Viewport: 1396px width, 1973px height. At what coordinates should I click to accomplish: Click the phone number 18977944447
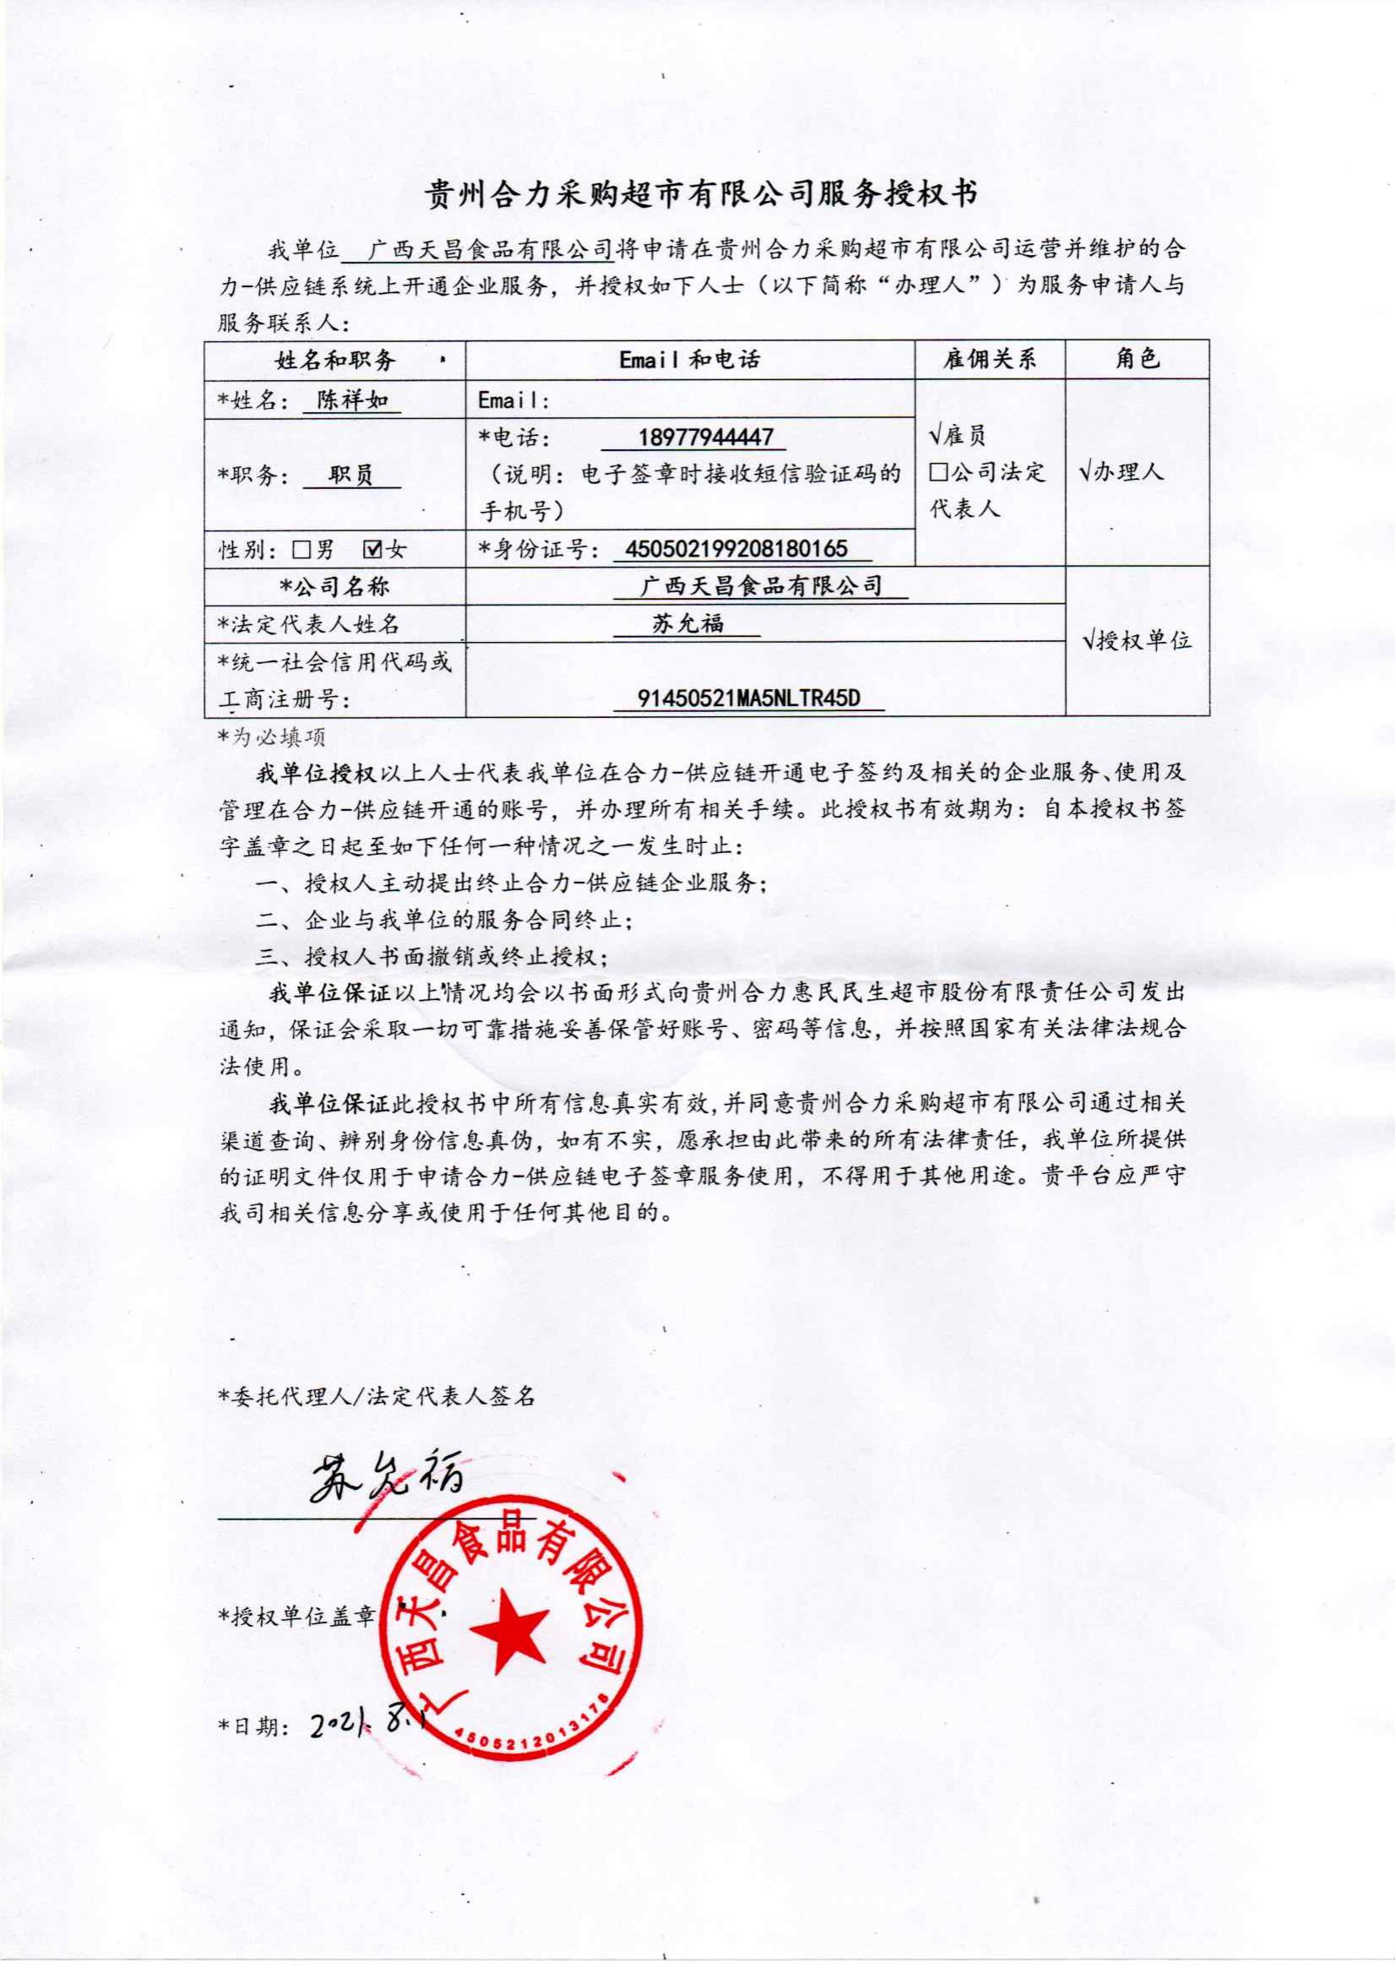[705, 438]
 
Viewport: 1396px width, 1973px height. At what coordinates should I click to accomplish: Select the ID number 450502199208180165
[736, 548]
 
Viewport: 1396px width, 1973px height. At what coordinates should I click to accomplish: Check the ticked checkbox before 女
[373, 548]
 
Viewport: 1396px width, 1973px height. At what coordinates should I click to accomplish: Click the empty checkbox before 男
[301, 549]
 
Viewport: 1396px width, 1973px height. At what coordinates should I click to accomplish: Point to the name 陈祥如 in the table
[352, 399]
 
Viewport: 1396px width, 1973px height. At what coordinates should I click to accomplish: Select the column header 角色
[1138, 358]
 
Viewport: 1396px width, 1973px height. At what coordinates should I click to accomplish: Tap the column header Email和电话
[689, 359]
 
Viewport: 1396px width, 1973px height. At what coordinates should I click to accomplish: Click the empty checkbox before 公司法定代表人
[939, 472]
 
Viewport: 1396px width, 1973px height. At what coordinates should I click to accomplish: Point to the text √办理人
[1121, 471]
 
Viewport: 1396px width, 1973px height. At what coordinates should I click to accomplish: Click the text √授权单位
[1137, 639]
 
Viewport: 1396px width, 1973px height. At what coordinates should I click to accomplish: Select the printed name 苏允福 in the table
[687, 623]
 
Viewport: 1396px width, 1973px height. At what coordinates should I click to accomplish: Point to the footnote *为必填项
[272, 736]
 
